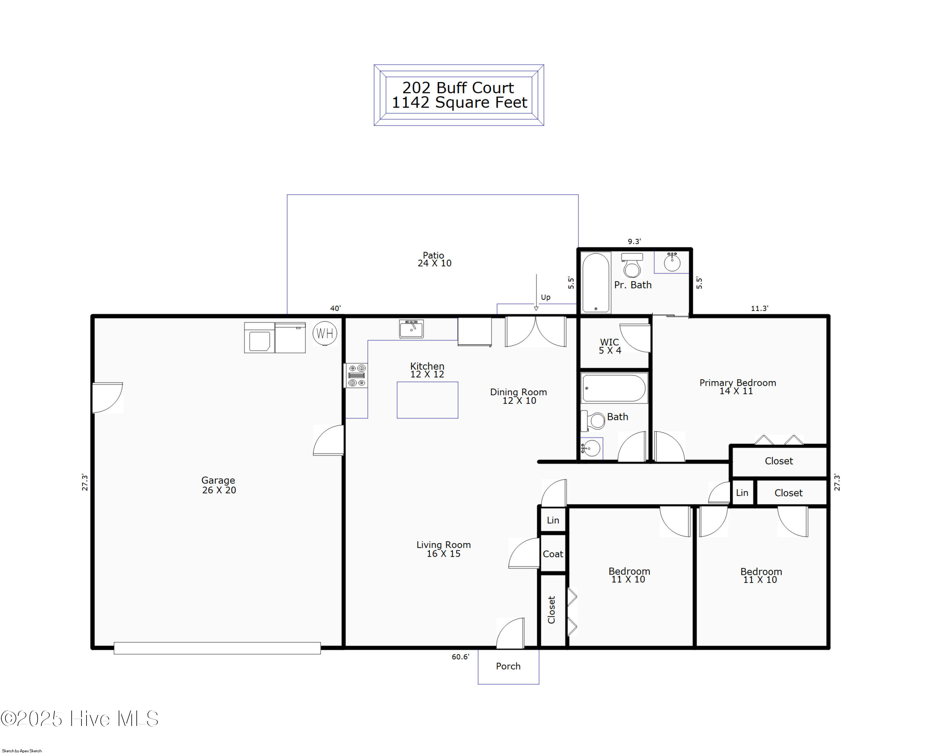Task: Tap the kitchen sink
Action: (411, 329)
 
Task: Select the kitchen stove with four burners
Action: (356, 375)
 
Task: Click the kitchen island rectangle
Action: (427, 400)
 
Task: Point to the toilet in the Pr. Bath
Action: (632, 265)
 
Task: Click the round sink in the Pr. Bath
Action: (672, 262)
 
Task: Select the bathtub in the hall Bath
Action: (614, 387)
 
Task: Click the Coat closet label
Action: (553, 554)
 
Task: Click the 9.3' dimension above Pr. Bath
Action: (634, 241)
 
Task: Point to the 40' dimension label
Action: (335, 308)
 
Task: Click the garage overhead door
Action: (217, 648)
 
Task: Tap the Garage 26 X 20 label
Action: (218, 485)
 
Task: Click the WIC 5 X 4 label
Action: (610, 346)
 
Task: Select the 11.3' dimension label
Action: (759, 308)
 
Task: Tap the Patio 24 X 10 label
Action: (434, 259)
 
